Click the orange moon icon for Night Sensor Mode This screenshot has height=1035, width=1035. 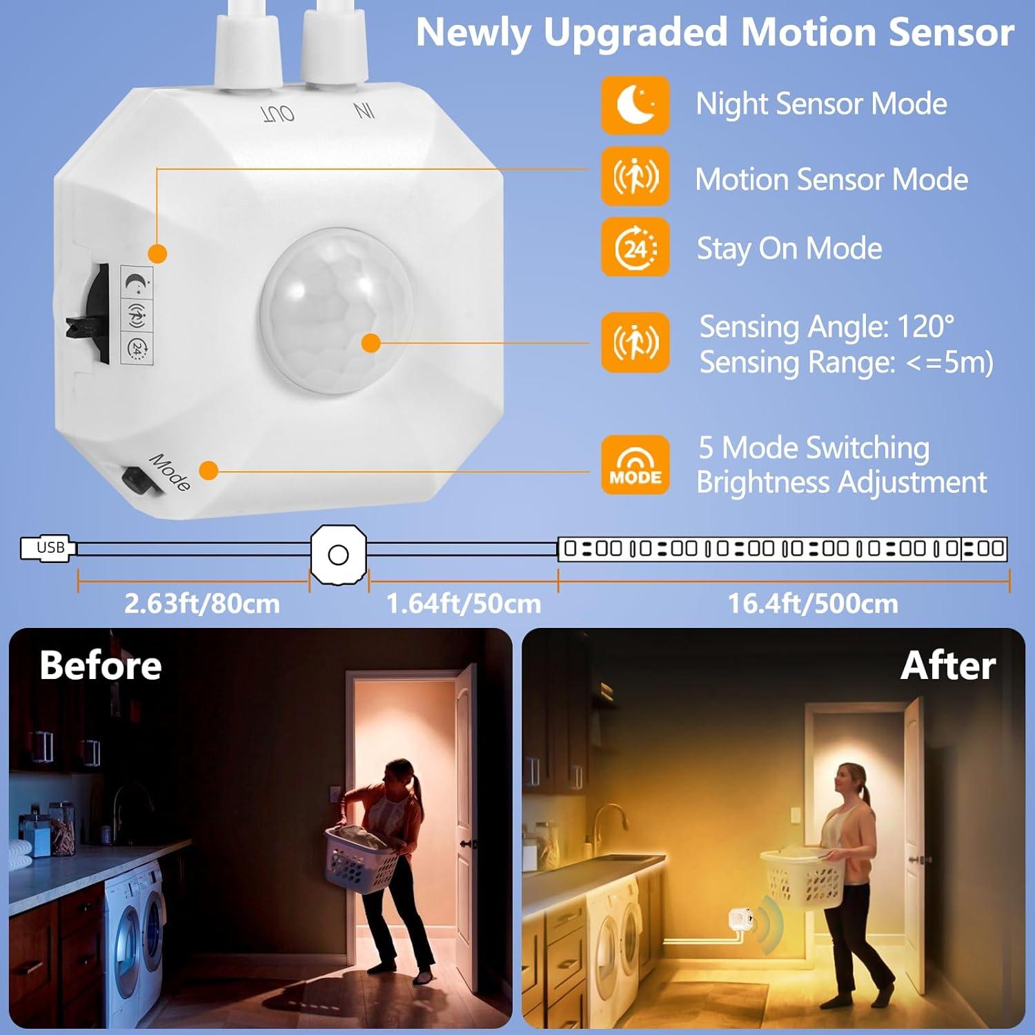[635, 105]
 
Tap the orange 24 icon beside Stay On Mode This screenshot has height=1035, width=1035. [635, 247]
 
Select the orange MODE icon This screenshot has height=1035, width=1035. [635, 464]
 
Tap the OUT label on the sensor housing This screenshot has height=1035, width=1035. [278, 113]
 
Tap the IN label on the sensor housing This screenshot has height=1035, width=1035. [364, 110]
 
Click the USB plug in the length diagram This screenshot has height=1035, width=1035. [47, 548]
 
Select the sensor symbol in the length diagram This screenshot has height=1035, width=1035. [338, 554]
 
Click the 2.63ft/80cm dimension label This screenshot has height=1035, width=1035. [201, 604]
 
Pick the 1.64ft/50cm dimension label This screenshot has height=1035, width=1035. [463, 604]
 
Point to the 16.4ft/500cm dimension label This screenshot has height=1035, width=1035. [813, 604]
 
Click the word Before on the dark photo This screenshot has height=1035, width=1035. [101, 665]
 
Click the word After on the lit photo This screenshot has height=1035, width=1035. [947, 665]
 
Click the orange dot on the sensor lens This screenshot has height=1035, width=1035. [371, 342]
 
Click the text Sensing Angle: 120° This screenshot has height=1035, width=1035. [826, 326]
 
